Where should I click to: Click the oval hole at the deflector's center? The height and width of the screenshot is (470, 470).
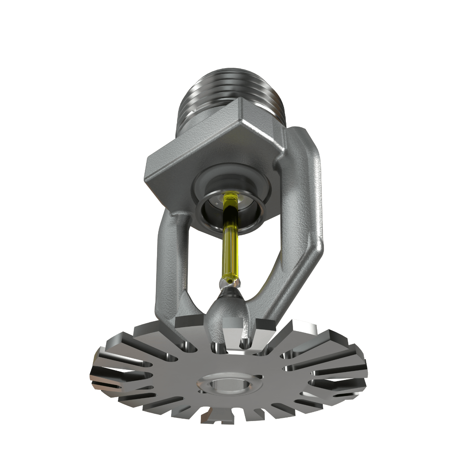pyautogui.click(x=227, y=384)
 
